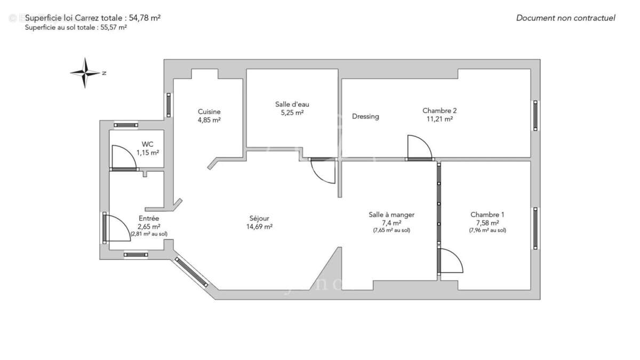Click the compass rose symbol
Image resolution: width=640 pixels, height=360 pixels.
click(x=85, y=73)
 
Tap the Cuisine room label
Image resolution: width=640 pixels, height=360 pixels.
click(x=209, y=111)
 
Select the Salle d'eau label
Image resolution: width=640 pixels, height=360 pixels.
click(x=292, y=104)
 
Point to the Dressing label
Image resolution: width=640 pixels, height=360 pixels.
click(x=365, y=116)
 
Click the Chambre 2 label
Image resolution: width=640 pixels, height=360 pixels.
click(x=439, y=110)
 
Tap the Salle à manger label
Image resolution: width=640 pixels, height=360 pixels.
click(x=391, y=214)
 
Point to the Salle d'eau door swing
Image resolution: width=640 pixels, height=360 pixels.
click(x=323, y=172)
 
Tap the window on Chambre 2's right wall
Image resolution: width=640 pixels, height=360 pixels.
click(x=535, y=115)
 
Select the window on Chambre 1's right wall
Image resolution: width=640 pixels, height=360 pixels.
click(x=535, y=228)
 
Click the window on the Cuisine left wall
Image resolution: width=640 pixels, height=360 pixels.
click(x=169, y=105)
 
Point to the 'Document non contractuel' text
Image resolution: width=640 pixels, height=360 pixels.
click(x=565, y=18)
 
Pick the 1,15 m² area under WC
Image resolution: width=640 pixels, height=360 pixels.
click(x=147, y=153)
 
